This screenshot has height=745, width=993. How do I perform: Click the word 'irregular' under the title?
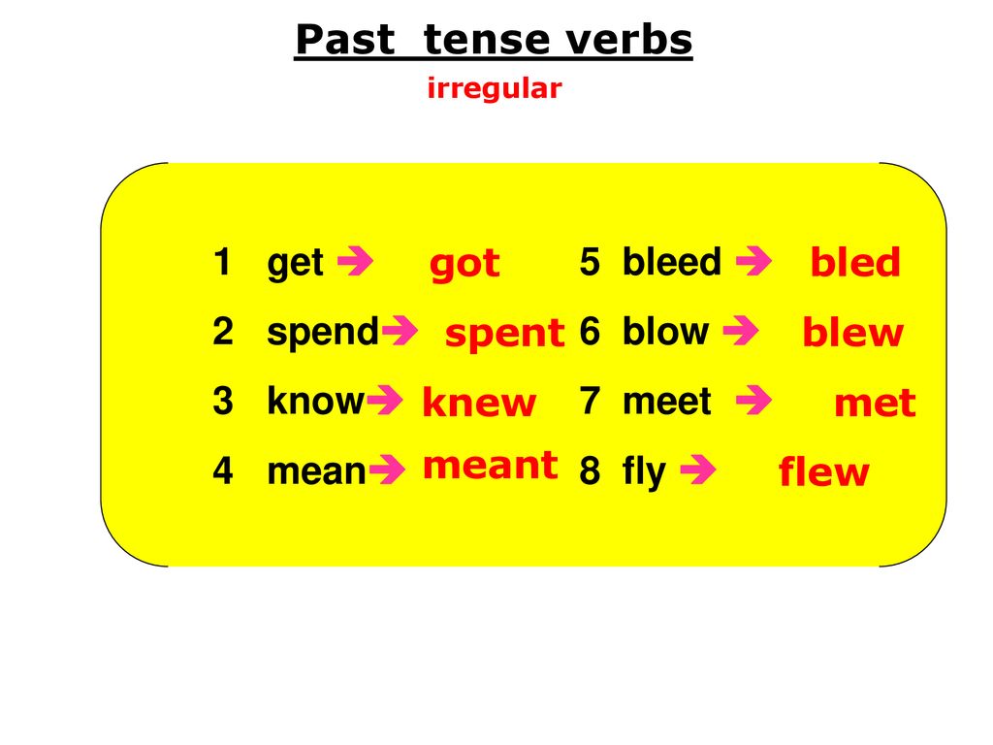coord(495,88)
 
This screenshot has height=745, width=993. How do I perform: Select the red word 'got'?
coord(464,264)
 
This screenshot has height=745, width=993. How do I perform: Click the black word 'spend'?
coord(323,333)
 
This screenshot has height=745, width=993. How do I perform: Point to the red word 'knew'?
coord(479,402)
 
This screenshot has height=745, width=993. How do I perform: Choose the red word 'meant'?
coord(490,466)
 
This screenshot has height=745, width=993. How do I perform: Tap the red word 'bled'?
coord(855,261)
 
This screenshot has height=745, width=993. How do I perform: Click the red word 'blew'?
coord(853,332)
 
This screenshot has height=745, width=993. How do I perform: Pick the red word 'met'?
coord(876,403)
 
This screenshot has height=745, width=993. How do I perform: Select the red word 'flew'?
coord(824,471)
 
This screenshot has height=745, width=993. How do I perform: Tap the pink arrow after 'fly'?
coord(698,470)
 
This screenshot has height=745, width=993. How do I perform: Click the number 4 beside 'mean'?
coord(223,471)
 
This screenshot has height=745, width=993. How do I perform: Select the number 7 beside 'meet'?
coord(590,402)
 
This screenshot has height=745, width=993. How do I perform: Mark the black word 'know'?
coord(316,401)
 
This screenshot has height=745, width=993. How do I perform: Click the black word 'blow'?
coord(665,331)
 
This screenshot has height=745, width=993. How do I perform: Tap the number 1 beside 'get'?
coord(222,262)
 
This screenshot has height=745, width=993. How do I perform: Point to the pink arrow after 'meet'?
coord(753,400)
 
